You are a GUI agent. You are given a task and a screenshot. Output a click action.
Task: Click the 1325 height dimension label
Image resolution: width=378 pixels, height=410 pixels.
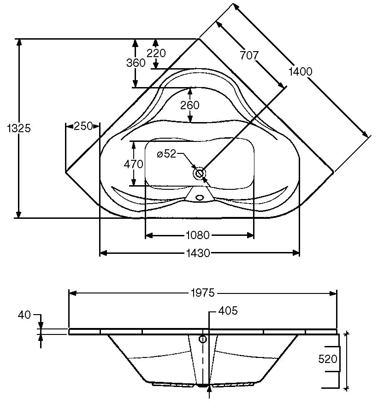pos(19,129)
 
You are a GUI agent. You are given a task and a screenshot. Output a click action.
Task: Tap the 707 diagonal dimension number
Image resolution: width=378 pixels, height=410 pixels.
pos(249,55)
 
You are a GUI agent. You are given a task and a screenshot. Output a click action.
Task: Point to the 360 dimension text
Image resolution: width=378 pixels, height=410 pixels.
pos(136,63)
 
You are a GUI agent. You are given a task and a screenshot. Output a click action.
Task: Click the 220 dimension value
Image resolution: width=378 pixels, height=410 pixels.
pos(156,53)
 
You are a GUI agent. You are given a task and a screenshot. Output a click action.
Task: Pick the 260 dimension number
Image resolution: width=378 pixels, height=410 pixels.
pos(190,105)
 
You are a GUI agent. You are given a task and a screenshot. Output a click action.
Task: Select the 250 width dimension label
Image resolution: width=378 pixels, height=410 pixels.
pos(83,126)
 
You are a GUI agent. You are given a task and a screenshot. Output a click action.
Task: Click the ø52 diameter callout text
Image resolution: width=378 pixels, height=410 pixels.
pos(166,154)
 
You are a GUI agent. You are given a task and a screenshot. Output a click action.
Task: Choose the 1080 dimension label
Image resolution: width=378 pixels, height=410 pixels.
pos(198,235)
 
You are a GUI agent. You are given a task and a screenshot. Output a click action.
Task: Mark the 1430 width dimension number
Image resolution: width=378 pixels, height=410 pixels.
pos(198,253)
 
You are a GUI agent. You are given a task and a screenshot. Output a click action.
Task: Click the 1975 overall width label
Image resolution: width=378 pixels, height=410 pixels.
pos(202,293)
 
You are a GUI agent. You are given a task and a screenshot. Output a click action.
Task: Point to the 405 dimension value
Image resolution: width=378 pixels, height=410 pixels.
pos(228,311)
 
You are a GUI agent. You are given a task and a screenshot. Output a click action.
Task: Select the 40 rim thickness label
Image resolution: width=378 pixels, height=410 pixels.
pos(24,315)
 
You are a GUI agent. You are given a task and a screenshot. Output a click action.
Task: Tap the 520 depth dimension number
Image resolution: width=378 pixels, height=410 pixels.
pos(328,359)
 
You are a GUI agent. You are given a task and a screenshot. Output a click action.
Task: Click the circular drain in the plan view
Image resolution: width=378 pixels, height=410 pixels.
pos(200,174)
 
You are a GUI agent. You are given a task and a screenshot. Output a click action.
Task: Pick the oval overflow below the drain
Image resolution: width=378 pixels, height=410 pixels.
pos(200,197)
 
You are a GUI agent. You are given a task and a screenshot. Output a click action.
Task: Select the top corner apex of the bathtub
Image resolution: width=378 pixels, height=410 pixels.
pos(199,39)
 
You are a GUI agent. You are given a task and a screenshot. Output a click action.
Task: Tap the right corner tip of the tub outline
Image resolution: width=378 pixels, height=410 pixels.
pos(333,172)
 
